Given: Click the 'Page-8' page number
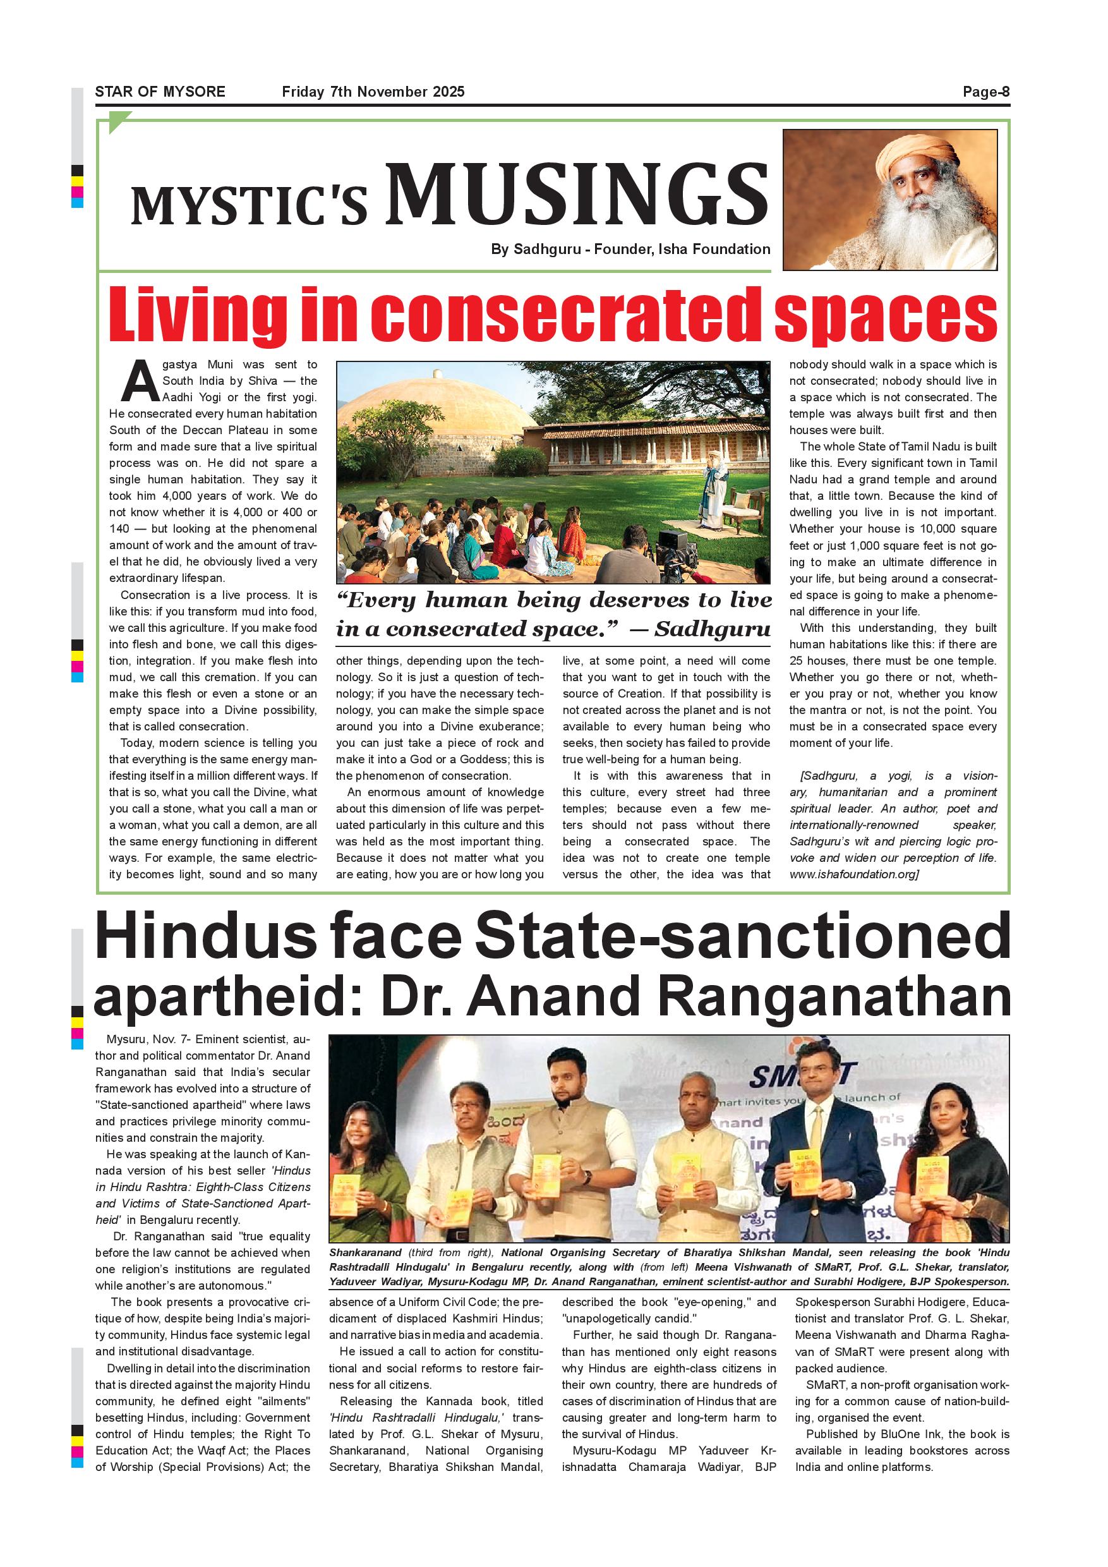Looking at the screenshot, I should click(985, 92).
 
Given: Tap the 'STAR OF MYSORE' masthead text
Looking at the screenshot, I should click(160, 92).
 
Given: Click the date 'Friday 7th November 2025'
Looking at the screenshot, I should click(373, 92).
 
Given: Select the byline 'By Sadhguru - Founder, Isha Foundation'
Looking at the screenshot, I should click(630, 249).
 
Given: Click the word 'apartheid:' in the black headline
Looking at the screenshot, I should click(230, 997).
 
